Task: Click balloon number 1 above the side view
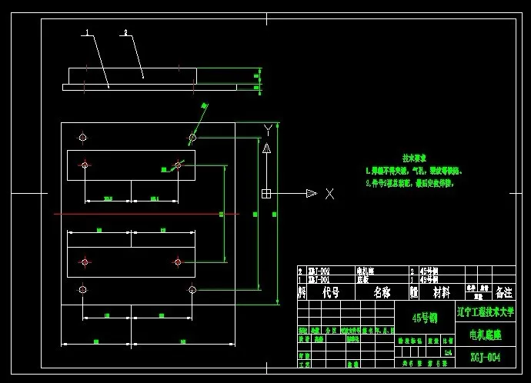click(87, 33)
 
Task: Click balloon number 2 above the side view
click(125, 33)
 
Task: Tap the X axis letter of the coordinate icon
click(329, 194)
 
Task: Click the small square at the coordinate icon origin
click(265, 193)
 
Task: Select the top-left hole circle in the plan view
click(82, 138)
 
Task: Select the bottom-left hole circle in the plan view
click(82, 289)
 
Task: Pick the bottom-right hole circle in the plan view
click(192, 289)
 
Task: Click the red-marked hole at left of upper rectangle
click(85, 165)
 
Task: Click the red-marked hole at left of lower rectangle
click(85, 262)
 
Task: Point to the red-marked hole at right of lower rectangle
click(178, 262)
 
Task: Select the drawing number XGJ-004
click(485, 358)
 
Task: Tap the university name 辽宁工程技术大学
click(485, 313)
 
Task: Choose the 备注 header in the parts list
click(503, 293)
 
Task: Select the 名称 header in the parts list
click(382, 293)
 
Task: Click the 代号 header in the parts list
click(331, 293)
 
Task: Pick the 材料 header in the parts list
click(442, 293)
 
